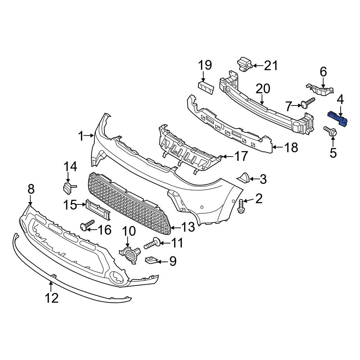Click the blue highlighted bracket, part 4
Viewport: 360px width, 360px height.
click(337, 119)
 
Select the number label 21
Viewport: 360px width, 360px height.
click(271, 66)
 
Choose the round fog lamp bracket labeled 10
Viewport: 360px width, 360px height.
click(129, 254)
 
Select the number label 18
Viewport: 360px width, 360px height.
click(291, 147)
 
